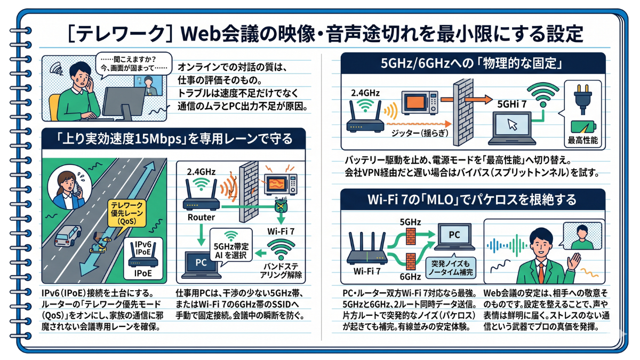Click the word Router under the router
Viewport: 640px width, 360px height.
201,217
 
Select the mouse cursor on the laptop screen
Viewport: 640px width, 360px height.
513,125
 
